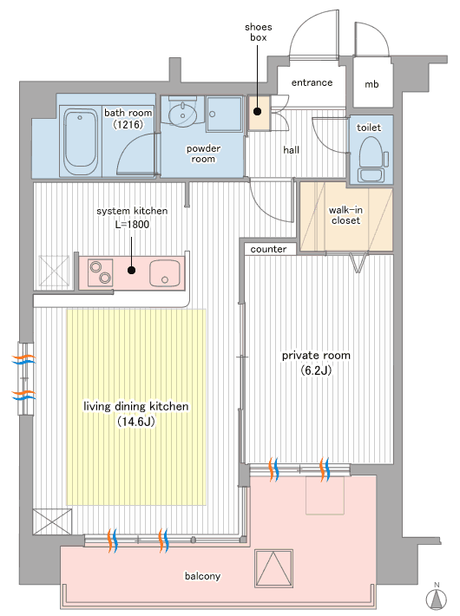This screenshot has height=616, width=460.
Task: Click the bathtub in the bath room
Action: (x=81, y=141)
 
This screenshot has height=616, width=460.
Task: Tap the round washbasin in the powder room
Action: (x=183, y=114)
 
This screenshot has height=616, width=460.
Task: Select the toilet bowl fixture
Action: (x=371, y=159)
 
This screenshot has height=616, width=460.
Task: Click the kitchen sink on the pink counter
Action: (x=164, y=273)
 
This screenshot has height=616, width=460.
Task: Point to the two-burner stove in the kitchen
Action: (x=100, y=272)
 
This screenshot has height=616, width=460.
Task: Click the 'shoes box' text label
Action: (x=259, y=32)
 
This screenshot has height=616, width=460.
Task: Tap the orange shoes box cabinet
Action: (x=260, y=113)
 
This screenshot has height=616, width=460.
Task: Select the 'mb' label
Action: (x=371, y=84)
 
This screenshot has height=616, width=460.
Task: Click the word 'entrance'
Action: (x=312, y=82)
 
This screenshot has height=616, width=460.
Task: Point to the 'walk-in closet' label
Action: (x=345, y=215)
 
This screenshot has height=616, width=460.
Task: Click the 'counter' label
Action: (x=268, y=249)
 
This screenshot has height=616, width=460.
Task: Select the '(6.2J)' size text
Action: (x=316, y=370)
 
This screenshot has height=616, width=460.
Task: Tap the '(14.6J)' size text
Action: (x=136, y=422)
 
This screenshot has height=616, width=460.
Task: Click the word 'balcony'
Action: (x=202, y=576)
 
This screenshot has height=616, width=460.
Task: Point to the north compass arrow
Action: (x=437, y=599)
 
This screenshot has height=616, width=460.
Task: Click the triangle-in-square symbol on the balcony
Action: (x=273, y=568)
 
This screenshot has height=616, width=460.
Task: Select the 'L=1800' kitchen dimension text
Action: (x=132, y=225)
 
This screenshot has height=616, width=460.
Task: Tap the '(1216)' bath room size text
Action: (x=128, y=124)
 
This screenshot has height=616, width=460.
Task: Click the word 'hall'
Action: (x=291, y=150)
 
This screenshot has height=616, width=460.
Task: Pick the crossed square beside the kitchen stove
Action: (x=55, y=271)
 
